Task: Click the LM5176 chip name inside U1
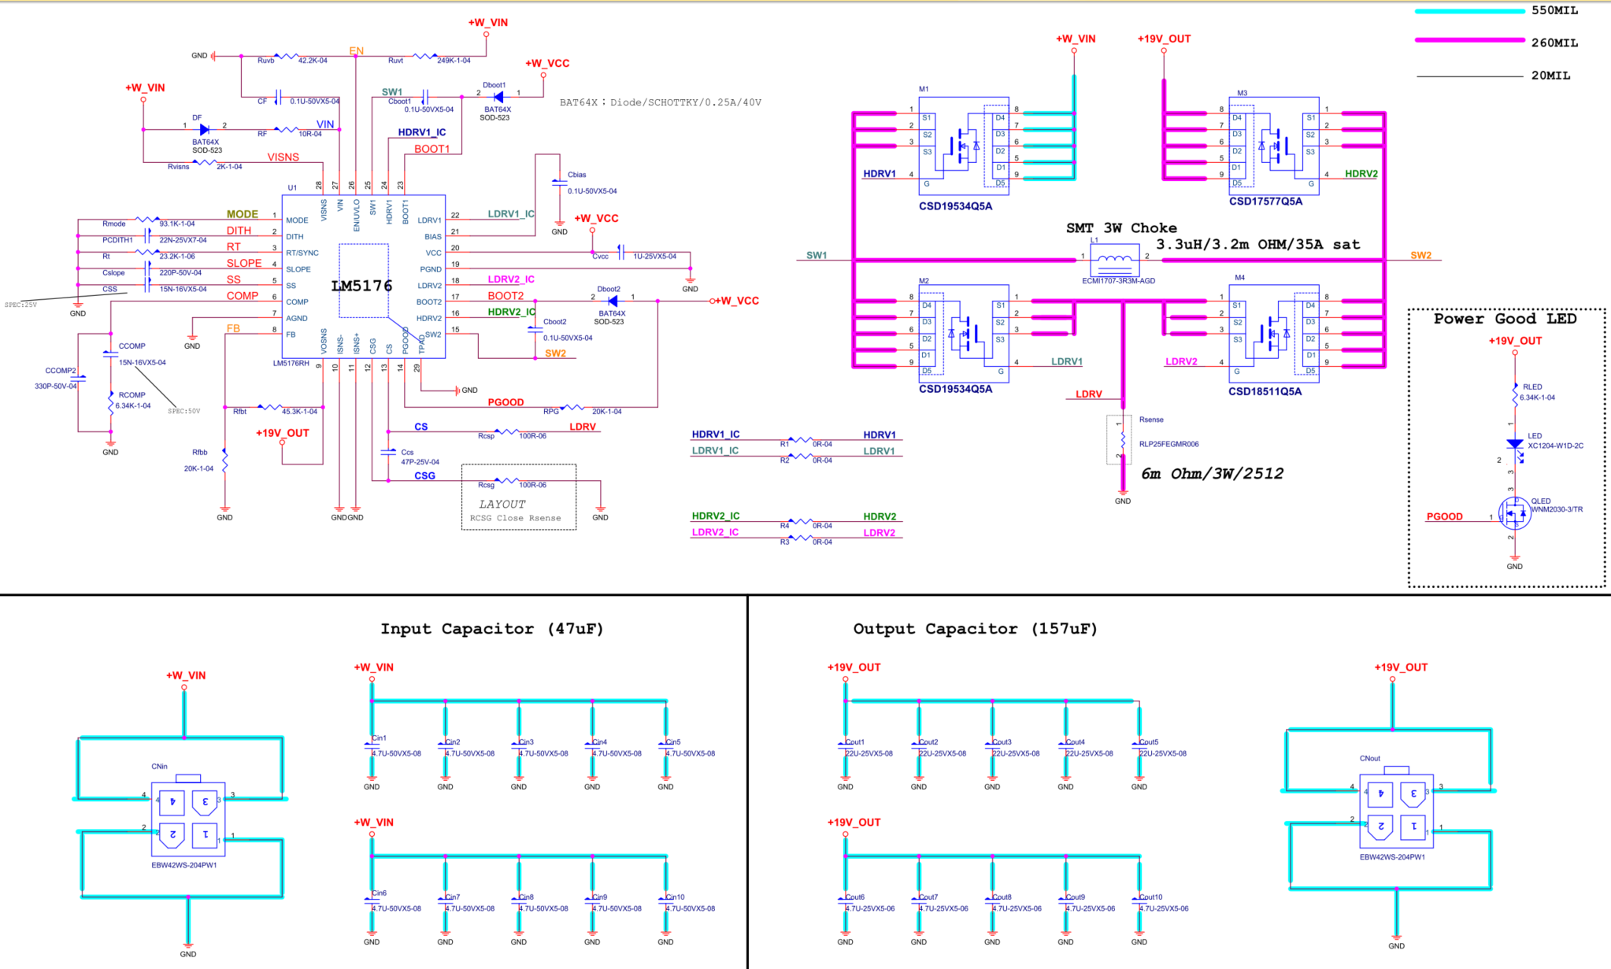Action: [x=361, y=286]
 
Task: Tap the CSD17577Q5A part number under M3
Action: [x=1265, y=202]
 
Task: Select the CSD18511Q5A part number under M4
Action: [x=1265, y=391]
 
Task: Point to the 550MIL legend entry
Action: [x=1554, y=10]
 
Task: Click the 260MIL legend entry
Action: [x=1554, y=43]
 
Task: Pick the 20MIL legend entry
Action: [x=1550, y=76]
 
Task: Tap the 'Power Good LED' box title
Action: [x=1505, y=319]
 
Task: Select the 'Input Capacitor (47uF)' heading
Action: [x=491, y=628]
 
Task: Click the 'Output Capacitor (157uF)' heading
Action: [x=975, y=628]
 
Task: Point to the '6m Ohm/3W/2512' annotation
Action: [x=1212, y=473]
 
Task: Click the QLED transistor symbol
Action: [x=1515, y=513]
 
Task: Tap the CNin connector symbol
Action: [x=188, y=819]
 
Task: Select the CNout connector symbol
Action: [x=1396, y=811]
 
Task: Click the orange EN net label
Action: [x=357, y=51]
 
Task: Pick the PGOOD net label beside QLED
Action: [x=1444, y=516]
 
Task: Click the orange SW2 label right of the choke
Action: [x=1420, y=255]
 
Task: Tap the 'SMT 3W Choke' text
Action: [x=1121, y=227]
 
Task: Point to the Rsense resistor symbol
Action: [x=1122, y=439]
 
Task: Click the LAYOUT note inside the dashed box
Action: [x=502, y=504]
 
